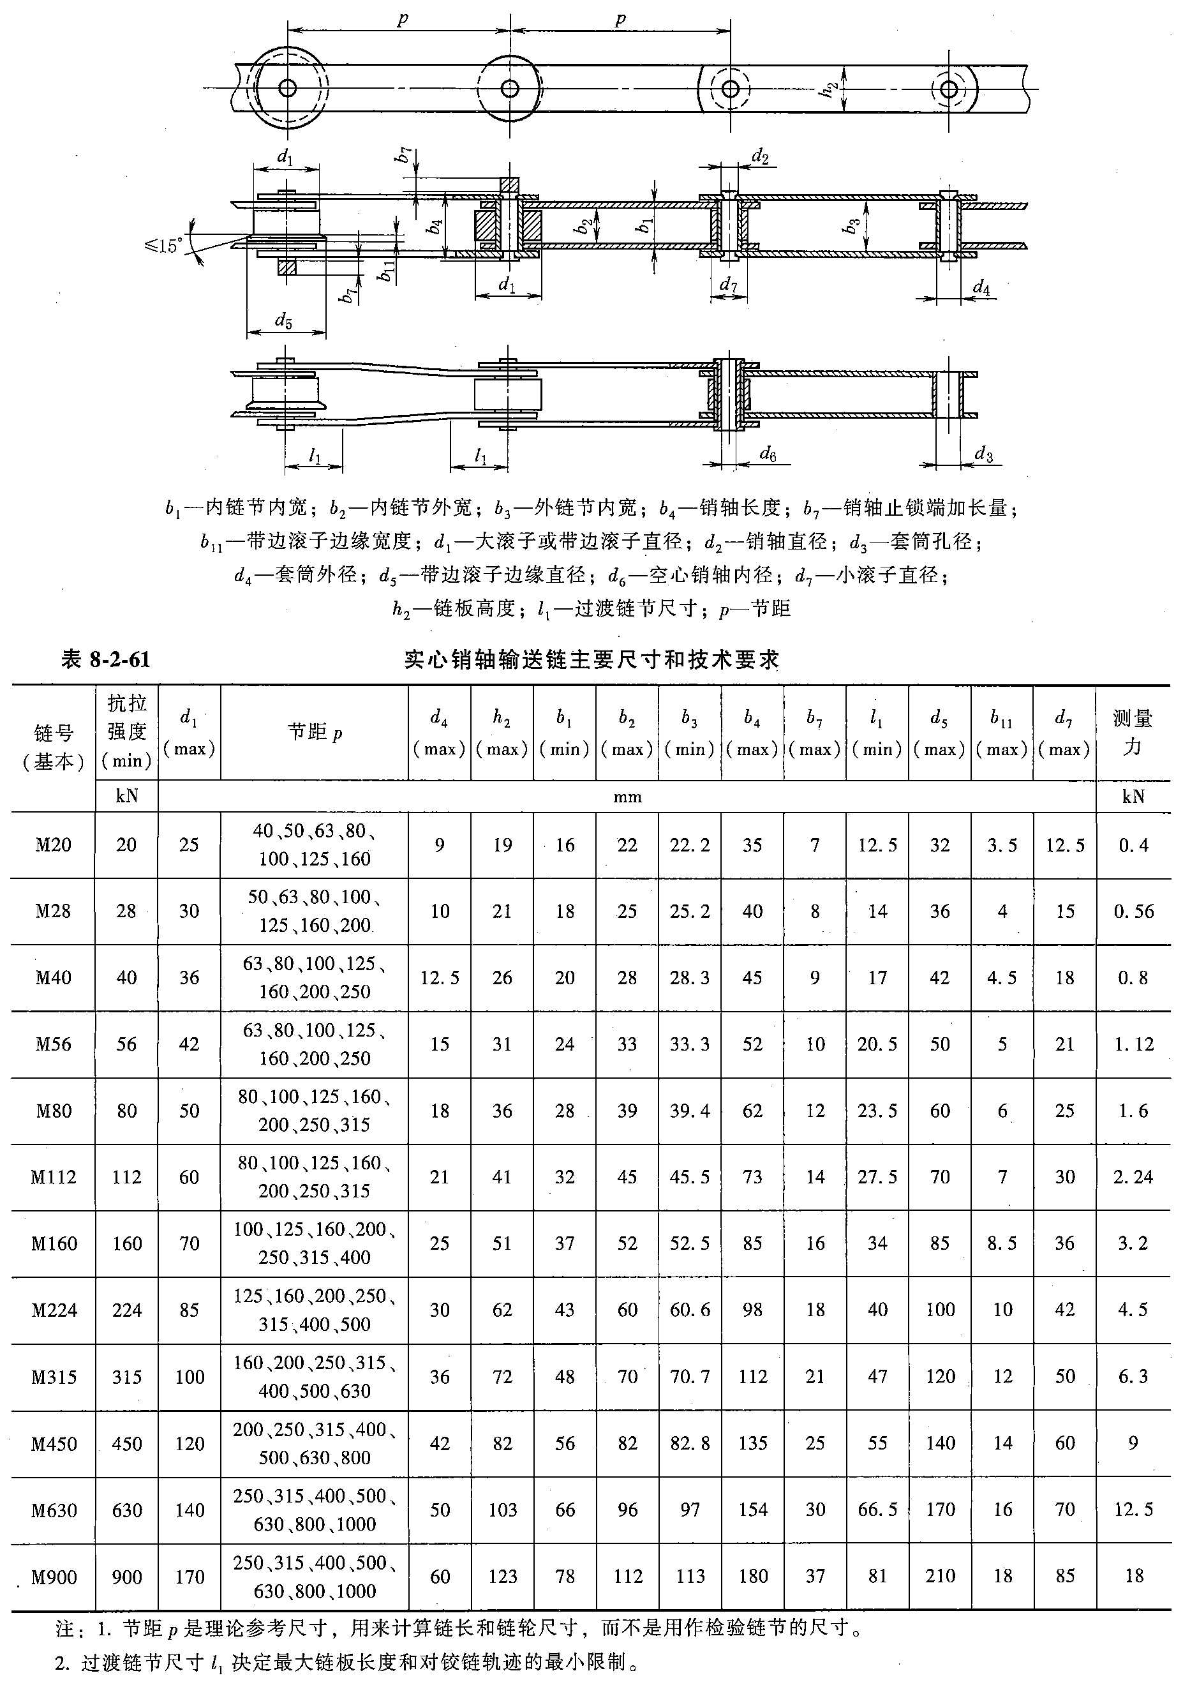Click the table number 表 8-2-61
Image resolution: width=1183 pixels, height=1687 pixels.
[106, 660]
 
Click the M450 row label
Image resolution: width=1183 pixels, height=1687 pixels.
[54, 1443]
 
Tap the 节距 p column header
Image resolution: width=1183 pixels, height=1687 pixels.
[315, 733]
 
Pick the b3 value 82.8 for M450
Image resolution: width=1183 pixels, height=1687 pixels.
[690, 1443]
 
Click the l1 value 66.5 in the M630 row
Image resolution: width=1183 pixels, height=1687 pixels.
[877, 1510]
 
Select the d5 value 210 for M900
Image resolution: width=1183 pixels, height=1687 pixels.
[940, 1576]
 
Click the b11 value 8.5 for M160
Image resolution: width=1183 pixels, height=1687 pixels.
[1002, 1243]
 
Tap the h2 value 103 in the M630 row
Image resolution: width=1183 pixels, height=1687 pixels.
[502, 1510]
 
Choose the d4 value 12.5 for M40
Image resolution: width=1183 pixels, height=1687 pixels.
[440, 977]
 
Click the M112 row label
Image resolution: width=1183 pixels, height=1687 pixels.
[54, 1177]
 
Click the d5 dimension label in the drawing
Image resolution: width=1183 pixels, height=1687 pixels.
[283, 320]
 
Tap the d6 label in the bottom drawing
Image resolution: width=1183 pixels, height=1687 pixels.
[768, 455]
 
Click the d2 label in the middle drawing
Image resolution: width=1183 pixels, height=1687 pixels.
[760, 156]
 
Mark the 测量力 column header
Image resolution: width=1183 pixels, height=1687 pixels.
[1133, 733]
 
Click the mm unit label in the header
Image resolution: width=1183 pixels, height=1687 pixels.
[627, 797]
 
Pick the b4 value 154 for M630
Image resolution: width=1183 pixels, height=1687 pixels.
[753, 1510]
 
